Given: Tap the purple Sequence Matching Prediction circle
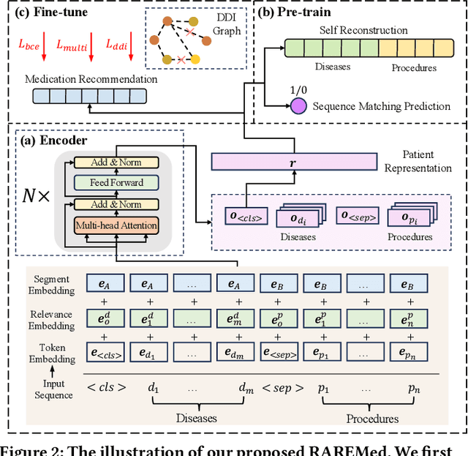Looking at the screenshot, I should (x=298, y=105).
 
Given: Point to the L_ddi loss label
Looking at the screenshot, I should (x=117, y=45).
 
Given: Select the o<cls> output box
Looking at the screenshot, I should (x=247, y=217).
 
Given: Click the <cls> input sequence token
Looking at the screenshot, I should (x=105, y=387).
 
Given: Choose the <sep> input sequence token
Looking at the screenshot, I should (x=277, y=387).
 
